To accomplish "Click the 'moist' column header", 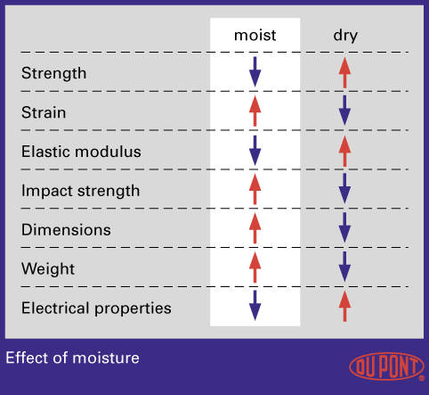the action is pos(255,36).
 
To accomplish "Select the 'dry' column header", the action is pos(345,37).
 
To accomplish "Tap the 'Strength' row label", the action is pos(53,73).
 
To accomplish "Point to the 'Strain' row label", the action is pos(44,112).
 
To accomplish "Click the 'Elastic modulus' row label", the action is pos(81,152).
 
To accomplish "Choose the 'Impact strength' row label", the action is pos(80,191).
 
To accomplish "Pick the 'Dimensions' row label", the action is pos(66,230).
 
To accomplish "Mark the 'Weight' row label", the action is pos(48,269).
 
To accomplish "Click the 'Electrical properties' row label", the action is pos(96,308).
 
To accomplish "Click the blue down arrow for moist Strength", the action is pos(255,72).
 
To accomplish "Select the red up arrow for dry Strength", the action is pos(344,72).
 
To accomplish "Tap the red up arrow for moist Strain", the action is pos(255,111).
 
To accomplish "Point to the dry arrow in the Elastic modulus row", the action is pos(344,151).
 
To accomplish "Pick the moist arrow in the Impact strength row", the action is pos(255,189).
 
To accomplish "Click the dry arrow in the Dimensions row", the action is pos(344,227).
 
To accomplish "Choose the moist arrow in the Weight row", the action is pos(255,267).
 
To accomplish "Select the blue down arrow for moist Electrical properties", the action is pos(255,306).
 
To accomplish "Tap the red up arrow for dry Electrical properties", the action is pos(344,306).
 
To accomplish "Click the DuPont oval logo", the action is pos(387,366).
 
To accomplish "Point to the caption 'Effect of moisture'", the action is pos(72,358).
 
